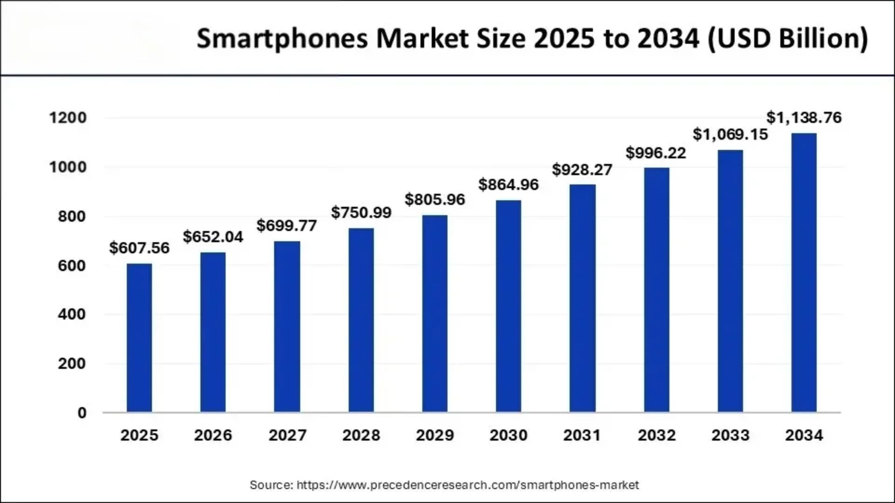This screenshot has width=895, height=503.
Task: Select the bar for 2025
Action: pyautogui.click(x=139, y=338)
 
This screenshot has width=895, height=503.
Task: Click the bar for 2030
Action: pyautogui.click(x=508, y=306)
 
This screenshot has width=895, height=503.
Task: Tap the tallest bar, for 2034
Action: pyautogui.click(x=804, y=272)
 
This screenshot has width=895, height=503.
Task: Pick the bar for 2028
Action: pyautogui.click(x=361, y=320)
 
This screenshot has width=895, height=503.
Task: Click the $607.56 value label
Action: pyautogui.click(x=139, y=248)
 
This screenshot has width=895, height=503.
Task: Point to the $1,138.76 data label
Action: pyautogui.click(x=804, y=118)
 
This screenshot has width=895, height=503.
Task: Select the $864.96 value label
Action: pyautogui.click(x=508, y=185)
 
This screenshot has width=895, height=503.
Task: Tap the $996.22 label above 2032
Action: pyautogui.click(x=655, y=153)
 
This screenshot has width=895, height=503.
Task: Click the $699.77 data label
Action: pyautogui.click(x=286, y=226)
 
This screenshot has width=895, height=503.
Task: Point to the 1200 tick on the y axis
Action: pyautogui.click(x=68, y=118)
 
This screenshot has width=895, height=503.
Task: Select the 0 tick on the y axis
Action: pyautogui.click(x=82, y=413)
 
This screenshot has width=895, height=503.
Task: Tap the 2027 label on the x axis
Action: pyautogui.click(x=287, y=435)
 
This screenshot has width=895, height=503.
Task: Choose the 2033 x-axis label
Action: pyautogui.click(x=730, y=435)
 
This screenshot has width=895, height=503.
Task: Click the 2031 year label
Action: pyautogui.click(x=582, y=435)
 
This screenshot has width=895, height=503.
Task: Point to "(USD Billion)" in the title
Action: pyautogui.click(x=788, y=39)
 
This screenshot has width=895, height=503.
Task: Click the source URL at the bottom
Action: pyautogui.click(x=467, y=485)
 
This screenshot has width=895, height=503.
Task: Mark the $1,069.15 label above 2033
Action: pyautogui.click(x=730, y=135)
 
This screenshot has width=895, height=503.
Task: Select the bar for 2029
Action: pyautogui.click(x=434, y=313)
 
